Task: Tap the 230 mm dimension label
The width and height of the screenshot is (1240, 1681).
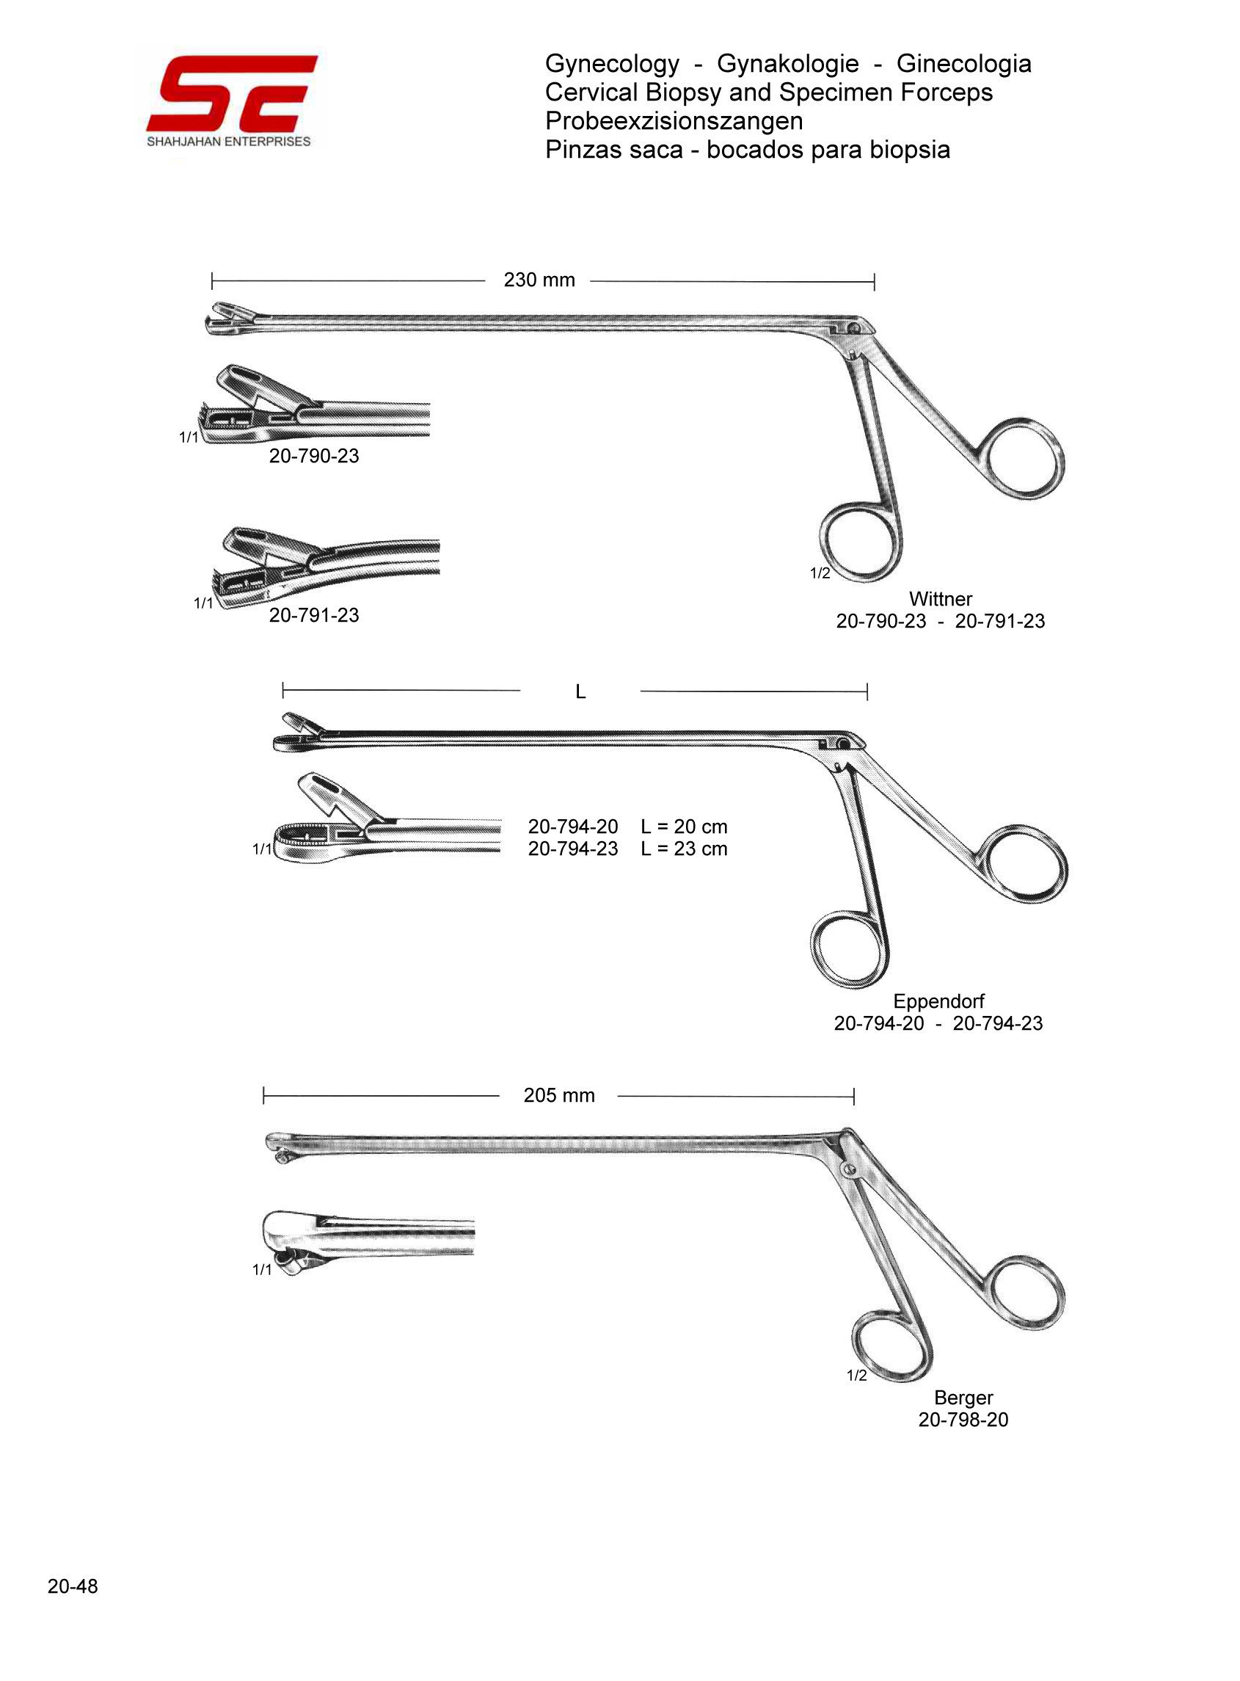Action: pos(539,280)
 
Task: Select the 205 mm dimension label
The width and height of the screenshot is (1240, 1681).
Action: pos(558,1095)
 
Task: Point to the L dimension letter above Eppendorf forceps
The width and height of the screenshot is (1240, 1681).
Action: pos(580,691)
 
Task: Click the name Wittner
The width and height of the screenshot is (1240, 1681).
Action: pos(940,599)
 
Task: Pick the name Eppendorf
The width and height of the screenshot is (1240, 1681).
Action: pos(938,1001)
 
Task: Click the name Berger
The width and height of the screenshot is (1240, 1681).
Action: pos(963,1397)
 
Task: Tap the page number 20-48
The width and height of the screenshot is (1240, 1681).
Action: pos(73,1586)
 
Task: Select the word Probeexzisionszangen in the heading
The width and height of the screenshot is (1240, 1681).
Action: pos(674,121)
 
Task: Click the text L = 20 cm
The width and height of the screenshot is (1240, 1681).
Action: pos(684,827)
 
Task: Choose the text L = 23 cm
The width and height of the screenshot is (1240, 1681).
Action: pos(684,849)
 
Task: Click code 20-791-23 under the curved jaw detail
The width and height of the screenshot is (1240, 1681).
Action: pos(314,615)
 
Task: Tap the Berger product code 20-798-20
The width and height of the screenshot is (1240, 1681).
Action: pos(963,1420)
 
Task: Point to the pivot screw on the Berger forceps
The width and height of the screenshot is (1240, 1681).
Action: pos(850,1169)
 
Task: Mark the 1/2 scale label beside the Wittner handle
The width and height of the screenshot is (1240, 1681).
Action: pos(820,573)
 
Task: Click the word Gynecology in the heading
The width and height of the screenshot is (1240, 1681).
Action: pos(612,64)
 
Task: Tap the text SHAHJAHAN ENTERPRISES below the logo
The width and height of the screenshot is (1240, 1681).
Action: pos(228,142)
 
